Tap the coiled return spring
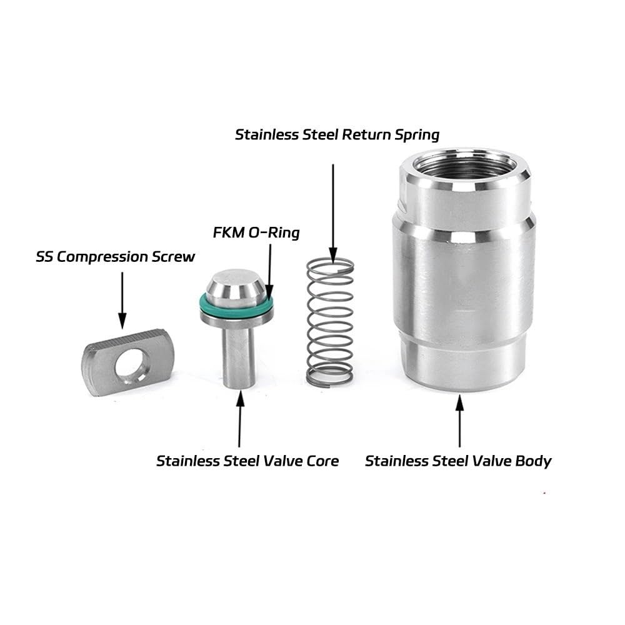[x=331, y=322]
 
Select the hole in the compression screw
[x=131, y=364]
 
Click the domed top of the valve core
[x=237, y=285]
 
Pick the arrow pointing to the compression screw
[x=122, y=301]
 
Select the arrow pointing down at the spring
[x=333, y=214]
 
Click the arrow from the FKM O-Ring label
[x=270, y=272]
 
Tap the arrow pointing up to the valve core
[x=240, y=419]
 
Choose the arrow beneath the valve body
[x=459, y=421]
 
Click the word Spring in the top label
[x=417, y=135]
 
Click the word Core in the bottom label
[x=322, y=461]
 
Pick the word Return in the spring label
[x=366, y=135]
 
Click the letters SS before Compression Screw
[x=44, y=257]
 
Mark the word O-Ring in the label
[x=274, y=232]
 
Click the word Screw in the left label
[x=173, y=257]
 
